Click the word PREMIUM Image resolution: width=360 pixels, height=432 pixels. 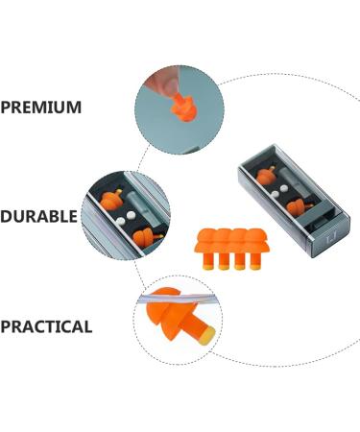tap(40, 107)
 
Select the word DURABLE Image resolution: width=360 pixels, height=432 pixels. tap(38, 216)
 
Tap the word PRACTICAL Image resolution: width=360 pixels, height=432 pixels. tap(46, 326)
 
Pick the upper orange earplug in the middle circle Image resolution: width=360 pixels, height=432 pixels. tap(113, 201)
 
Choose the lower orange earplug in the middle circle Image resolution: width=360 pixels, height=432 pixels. tap(144, 236)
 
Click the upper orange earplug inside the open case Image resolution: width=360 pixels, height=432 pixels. tap(267, 176)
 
